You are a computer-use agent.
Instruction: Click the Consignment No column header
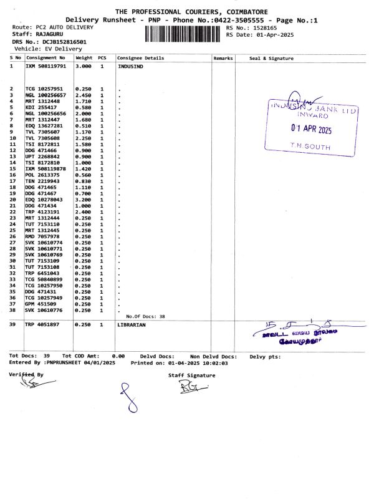pos(45,58)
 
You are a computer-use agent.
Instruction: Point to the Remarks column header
pos(223,58)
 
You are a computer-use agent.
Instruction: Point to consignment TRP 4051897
pos(42,325)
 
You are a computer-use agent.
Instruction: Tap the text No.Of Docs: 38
pos(145,317)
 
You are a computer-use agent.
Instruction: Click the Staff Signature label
pos(191,375)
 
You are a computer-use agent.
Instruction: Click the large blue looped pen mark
pos(128,399)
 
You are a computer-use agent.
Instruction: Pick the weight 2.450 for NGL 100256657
pos(83,95)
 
